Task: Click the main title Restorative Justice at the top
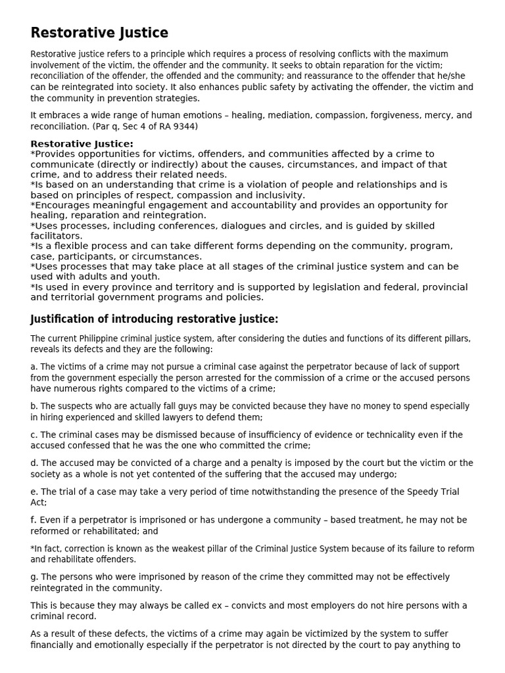point(99,33)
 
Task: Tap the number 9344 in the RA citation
point(185,126)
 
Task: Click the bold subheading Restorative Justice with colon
point(82,144)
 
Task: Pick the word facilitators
point(57,236)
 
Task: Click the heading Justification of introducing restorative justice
point(155,319)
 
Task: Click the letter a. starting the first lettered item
point(34,367)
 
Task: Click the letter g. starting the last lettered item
point(34,577)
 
